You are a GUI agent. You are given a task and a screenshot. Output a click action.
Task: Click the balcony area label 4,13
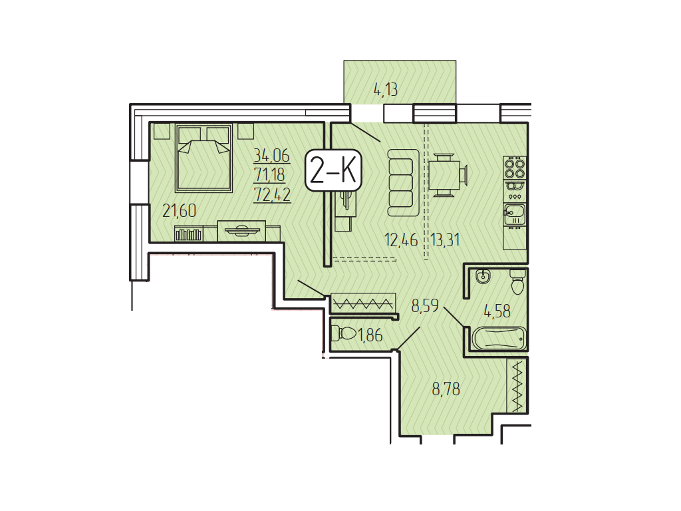[x=386, y=90]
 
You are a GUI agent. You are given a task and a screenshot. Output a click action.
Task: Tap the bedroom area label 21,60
[x=180, y=211]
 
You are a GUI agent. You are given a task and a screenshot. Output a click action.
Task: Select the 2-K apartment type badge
[x=334, y=170]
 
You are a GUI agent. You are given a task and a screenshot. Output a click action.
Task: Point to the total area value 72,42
[x=272, y=194]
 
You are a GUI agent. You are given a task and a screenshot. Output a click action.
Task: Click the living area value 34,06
[x=271, y=154]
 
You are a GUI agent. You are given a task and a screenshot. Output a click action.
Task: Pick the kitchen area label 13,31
[x=446, y=240]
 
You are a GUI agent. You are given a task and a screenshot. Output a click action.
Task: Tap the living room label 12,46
[x=401, y=240]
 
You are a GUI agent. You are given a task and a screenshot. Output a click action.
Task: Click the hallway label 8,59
[x=426, y=306]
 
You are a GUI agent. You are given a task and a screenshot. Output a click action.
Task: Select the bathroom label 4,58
[x=497, y=311]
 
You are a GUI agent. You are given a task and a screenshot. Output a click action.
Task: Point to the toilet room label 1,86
[x=370, y=335]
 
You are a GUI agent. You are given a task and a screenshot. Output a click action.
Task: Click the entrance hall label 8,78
[x=446, y=389]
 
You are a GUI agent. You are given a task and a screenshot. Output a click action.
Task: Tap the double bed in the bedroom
[x=204, y=158]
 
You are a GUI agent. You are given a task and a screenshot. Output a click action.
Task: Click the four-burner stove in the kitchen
[x=515, y=168]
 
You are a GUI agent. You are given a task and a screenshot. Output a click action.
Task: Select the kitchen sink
[x=515, y=214]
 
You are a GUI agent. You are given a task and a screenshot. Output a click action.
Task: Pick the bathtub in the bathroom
[x=498, y=337]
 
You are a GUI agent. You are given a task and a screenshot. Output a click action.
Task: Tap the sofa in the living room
[x=404, y=183]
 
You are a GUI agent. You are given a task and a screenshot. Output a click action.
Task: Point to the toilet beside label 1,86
[x=343, y=334]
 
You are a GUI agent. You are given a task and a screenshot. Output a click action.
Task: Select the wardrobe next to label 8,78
[x=517, y=385]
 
